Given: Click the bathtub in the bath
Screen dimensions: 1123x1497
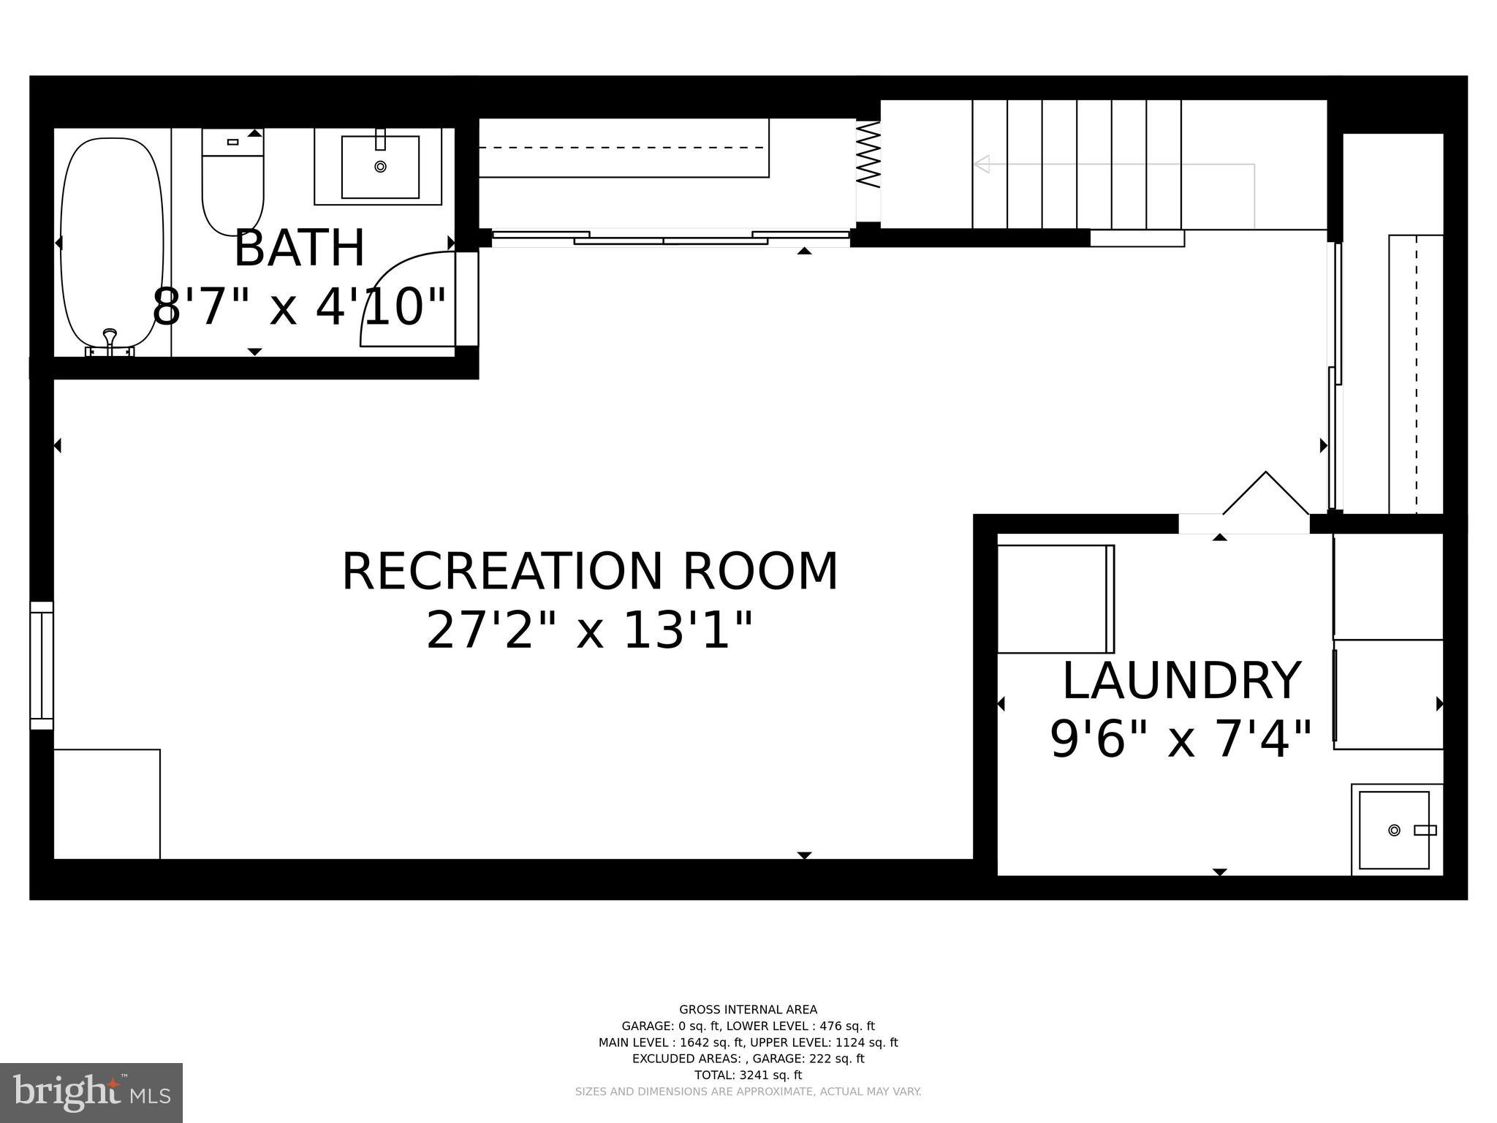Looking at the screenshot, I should pos(111,241).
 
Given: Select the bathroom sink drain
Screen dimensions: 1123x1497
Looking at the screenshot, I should pos(380,167).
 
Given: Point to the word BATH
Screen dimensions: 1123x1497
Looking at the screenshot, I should pos(299,249).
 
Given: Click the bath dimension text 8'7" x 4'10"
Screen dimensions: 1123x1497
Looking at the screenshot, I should pos(299,307).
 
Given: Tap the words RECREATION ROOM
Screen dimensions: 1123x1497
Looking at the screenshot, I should pos(590,572).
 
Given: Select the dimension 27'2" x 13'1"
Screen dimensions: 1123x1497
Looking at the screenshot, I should pos(590,630).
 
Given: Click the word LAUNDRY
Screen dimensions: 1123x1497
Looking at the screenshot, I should pos(1181,681).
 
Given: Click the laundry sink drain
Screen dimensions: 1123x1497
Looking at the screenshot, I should pos(1394,830).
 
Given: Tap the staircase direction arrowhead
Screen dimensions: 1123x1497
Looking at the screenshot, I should pos(982,164).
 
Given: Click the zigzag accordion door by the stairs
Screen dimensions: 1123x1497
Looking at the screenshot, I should pos(868,155).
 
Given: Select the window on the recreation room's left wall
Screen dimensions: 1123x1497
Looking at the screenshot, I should pos(42,665).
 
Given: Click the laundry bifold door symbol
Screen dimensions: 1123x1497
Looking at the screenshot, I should pos(1266,494).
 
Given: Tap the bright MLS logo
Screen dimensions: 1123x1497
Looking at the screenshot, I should pos(91,1093).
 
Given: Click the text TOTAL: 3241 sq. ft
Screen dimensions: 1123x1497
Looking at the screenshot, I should pos(748,1075).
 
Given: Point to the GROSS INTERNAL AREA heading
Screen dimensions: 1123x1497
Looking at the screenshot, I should pos(748,1010).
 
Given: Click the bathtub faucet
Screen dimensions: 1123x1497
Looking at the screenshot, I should pos(110,339).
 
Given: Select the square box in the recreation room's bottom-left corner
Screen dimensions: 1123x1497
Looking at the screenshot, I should pos(107,804).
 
